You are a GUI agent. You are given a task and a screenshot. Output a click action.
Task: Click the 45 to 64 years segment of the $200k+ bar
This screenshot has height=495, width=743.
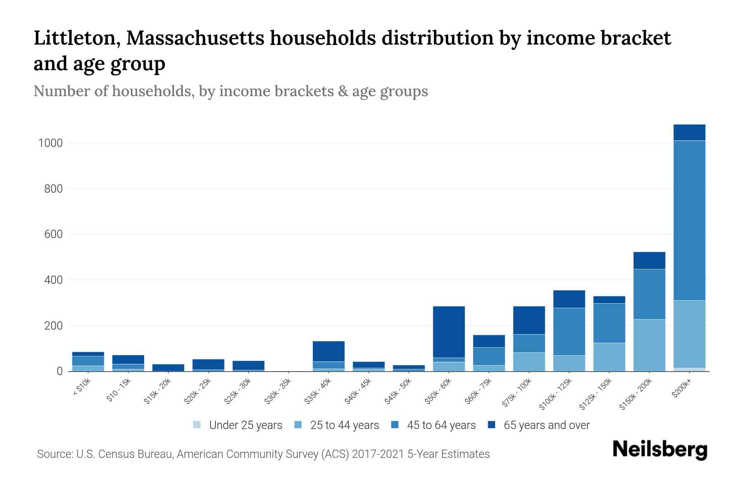tap(689, 221)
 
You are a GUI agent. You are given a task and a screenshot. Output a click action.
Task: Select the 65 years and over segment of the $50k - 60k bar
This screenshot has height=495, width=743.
tap(449, 332)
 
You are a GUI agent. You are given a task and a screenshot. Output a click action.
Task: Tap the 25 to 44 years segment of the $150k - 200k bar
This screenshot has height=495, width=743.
tap(649, 345)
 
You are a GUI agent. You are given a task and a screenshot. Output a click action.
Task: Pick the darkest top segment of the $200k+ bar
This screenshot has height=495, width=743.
tap(689, 132)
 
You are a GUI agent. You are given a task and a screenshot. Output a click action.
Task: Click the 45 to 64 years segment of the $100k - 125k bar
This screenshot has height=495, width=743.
tap(569, 332)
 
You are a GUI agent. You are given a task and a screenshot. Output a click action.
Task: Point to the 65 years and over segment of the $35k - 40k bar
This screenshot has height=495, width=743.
tap(329, 351)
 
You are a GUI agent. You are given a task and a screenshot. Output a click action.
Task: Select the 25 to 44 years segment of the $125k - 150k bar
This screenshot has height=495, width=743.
tap(609, 357)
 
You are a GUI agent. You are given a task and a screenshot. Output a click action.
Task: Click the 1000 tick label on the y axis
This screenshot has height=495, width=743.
tap(50, 143)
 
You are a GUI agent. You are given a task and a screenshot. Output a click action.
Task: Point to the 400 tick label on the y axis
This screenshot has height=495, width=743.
tap(54, 280)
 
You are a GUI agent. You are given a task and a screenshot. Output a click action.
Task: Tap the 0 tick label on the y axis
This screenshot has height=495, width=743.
tap(60, 371)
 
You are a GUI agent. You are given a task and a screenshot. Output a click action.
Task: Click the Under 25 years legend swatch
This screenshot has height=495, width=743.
tap(197, 425)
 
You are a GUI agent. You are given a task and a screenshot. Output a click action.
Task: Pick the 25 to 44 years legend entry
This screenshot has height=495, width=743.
tap(344, 425)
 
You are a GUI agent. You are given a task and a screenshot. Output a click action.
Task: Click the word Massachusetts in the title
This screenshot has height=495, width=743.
tap(195, 38)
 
